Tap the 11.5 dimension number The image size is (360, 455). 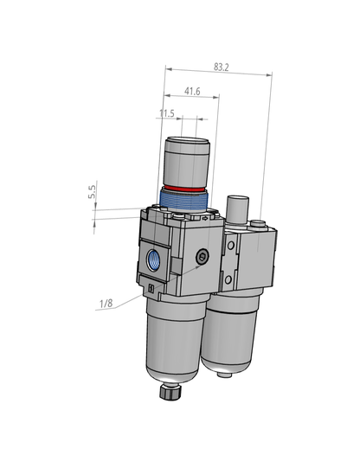(x=167, y=113)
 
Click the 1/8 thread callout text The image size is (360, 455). (x=106, y=304)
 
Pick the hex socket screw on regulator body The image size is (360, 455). (x=202, y=257)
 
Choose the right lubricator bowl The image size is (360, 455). (x=231, y=333)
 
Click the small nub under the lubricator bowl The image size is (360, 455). (x=228, y=376)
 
